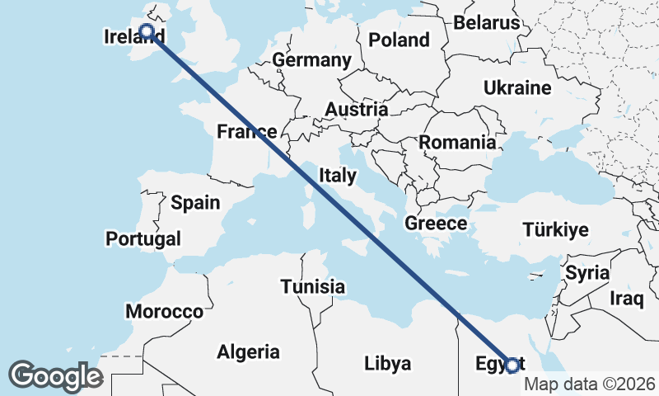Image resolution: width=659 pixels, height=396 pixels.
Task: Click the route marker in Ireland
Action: (x=147, y=32)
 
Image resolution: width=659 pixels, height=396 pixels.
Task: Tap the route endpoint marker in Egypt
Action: (x=512, y=365)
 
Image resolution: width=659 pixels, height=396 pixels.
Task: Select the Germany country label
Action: (x=311, y=60)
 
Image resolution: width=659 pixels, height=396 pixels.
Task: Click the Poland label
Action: (x=399, y=40)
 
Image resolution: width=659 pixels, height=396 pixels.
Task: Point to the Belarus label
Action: (x=487, y=22)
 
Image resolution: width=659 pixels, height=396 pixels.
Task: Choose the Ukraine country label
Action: (x=516, y=87)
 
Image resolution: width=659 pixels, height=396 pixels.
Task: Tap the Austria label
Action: (x=356, y=110)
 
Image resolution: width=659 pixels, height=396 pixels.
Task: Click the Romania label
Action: (x=457, y=142)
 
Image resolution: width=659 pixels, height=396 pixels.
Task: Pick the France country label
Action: (x=246, y=132)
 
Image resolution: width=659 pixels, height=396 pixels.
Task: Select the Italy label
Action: (x=338, y=175)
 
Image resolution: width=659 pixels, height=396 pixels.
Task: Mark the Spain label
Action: (x=195, y=202)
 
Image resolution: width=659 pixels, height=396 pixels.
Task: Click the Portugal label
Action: (x=143, y=239)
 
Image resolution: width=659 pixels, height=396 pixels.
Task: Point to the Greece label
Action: (x=436, y=223)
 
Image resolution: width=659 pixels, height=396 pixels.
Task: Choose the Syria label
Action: (x=587, y=272)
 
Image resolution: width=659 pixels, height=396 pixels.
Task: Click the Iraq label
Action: (x=625, y=297)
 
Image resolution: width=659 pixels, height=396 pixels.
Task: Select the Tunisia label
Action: (x=312, y=286)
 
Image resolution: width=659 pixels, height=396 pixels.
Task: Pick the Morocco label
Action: (x=164, y=312)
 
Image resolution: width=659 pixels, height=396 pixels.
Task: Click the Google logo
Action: (x=55, y=376)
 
